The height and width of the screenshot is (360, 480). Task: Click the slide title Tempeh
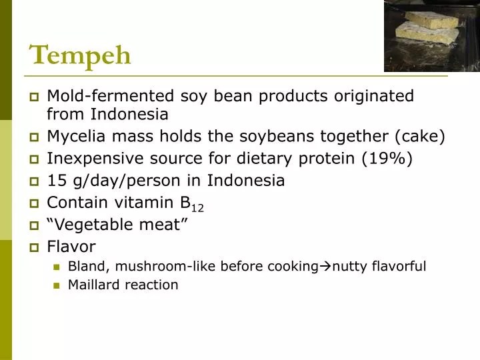click(80, 54)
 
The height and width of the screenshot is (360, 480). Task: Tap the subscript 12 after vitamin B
click(197, 209)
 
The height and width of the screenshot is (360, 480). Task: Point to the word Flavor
click(71, 247)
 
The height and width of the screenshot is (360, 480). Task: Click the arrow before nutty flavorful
click(325, 267)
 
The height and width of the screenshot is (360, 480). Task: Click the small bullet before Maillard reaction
click(57, 285)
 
